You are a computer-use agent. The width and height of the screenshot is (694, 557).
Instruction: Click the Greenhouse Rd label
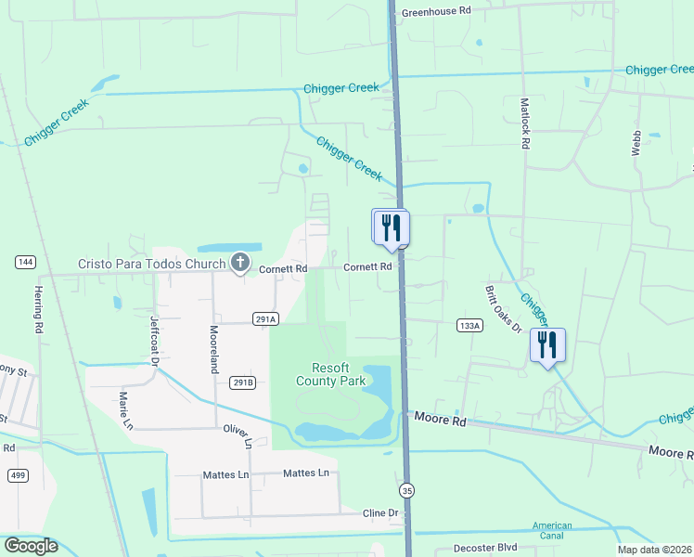click(436, 11)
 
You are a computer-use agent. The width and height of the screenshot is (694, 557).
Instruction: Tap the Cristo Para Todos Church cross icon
click(240, 263)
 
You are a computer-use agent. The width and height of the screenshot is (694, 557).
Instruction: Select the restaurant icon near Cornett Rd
click(391, 227)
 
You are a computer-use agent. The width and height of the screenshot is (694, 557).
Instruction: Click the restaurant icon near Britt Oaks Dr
click(547, 345)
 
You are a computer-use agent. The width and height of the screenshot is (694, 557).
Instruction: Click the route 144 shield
click(25, 263)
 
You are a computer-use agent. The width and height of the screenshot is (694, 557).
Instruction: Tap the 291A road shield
click(265, 318)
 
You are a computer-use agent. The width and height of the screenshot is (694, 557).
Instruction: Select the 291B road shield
click(242, 382)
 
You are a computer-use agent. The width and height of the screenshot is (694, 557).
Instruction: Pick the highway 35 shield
click(406, 489)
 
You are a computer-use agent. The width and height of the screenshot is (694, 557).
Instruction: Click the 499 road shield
click(18, 475)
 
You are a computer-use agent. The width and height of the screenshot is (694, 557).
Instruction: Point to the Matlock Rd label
click(525, 124)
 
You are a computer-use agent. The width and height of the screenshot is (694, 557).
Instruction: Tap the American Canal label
click(552, 532)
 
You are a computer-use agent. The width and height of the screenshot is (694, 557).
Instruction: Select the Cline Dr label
click(380, 512)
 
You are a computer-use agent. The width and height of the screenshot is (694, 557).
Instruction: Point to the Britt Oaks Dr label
click(502, 307)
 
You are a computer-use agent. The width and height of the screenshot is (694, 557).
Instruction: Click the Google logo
click(31, 546)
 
